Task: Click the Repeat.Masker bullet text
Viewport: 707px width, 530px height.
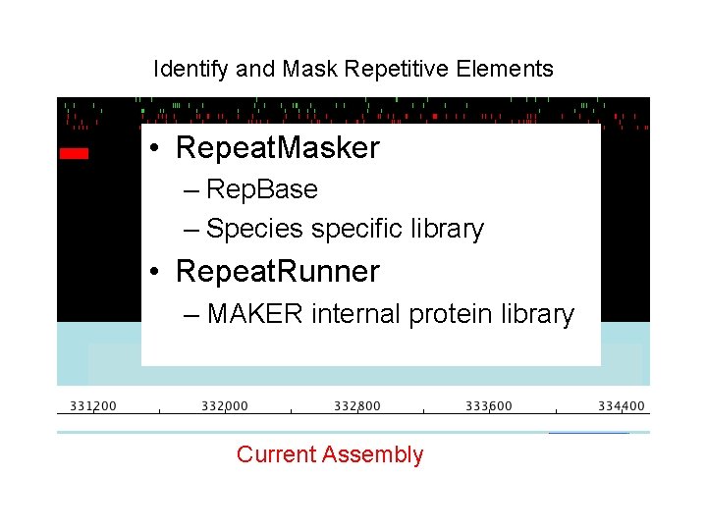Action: (x=277, y=148)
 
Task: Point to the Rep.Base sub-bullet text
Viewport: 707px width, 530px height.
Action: (x=262, y=189)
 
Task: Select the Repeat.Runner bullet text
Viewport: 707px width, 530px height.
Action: (x=277, y=271)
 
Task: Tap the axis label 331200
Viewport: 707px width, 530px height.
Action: (x=92, y=406)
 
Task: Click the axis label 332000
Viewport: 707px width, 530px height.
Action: (x=225, y=406)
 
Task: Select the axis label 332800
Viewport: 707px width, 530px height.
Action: (x=357, y=406)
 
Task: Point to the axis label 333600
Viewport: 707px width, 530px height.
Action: (x=488, y=406)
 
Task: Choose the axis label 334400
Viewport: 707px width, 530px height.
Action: (x=622, y=406)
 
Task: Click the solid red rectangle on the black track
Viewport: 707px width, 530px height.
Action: (x=74, y=153)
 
